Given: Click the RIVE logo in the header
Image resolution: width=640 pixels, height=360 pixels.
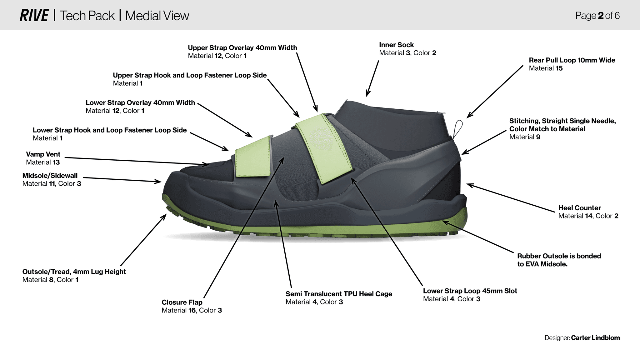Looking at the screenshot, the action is [34, 15].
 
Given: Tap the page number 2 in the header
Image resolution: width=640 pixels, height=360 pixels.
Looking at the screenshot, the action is [601, 16].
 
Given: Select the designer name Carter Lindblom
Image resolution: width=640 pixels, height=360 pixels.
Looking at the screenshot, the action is [595, 338].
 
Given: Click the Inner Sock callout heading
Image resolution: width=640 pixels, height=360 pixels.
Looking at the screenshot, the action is [396, 45].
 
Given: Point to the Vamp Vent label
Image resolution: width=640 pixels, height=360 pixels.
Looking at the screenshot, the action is [43, 154].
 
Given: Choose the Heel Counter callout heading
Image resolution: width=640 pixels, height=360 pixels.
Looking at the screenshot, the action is [579, 208].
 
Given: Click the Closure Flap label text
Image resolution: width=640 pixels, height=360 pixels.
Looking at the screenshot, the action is [182, 302].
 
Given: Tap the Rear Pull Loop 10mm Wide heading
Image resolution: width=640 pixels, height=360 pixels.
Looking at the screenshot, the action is [572, 60].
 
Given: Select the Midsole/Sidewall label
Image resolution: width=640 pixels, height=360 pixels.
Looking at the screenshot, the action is [50, 176].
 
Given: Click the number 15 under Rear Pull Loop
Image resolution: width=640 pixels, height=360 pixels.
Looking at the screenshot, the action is [559, 68].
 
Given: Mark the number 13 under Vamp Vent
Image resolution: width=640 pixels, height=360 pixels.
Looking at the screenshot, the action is [56, 162].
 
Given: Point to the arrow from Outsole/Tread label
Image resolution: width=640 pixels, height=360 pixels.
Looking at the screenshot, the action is [143, 240].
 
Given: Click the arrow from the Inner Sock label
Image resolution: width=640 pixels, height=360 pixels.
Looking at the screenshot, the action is [372, 78].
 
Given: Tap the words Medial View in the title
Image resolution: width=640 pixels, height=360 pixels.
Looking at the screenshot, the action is [157, 16].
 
